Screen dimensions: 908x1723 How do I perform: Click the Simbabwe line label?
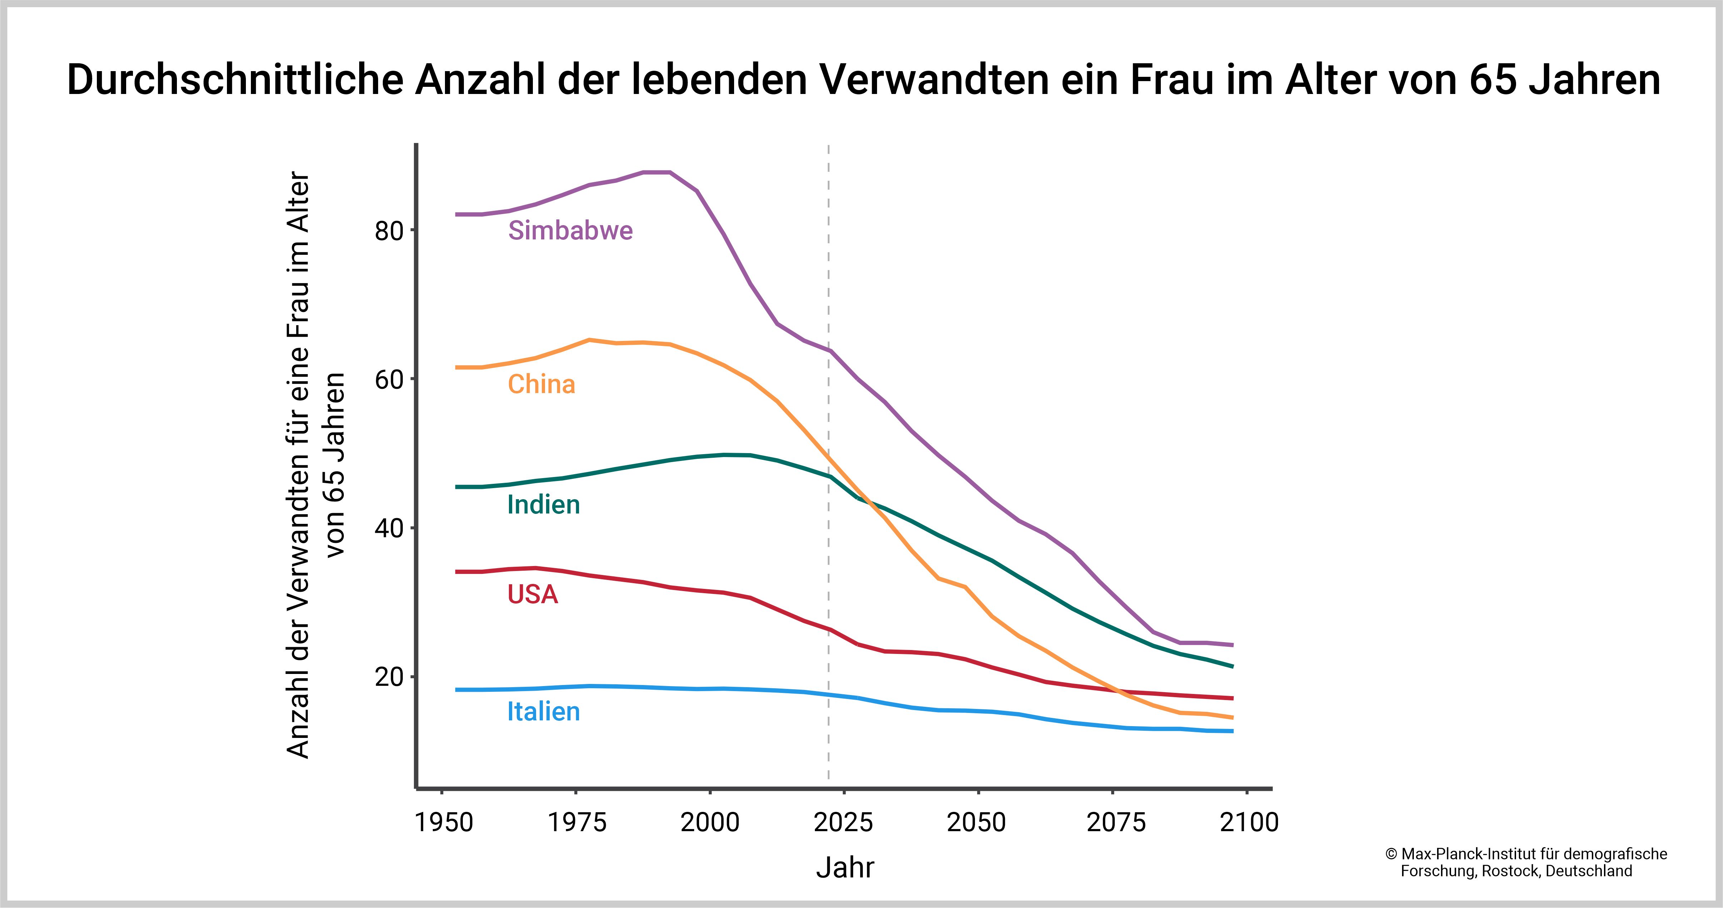(x=570, y=231)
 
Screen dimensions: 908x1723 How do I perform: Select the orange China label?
(x=541, y=384)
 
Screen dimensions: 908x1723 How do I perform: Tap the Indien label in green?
(x=543, y=505)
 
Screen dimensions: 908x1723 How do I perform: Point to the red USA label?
(x=533, y=594)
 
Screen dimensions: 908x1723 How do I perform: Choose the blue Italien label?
(x=543, y=711)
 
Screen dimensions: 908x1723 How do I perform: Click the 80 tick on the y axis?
(x=388, y=231)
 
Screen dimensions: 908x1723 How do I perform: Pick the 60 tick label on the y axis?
(x=388, y=380)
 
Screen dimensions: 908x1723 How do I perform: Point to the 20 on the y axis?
(x=388, y=677)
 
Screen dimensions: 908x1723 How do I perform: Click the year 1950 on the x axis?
(x=444, y=822)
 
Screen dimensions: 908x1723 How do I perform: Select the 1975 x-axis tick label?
(x=576, y=822)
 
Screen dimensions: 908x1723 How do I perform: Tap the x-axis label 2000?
(x=710, y=822)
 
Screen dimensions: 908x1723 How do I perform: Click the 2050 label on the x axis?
(x=976, y=822)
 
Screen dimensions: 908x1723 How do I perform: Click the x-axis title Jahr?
(x=845, y=868)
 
